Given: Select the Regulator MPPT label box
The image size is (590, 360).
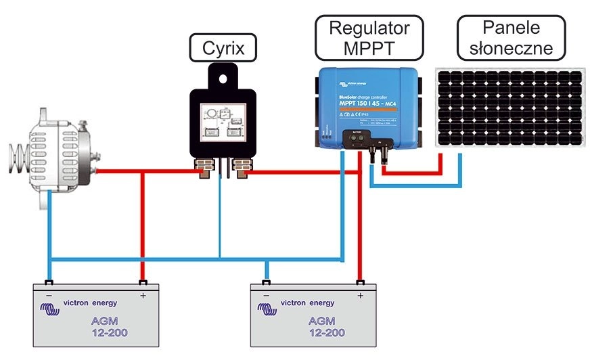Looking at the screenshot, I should click(370, 39).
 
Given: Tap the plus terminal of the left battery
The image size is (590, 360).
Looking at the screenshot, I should click(143, 283).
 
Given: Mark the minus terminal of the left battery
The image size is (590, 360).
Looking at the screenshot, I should click(49, 283).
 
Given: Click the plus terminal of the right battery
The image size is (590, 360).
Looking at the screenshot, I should click(360, 283).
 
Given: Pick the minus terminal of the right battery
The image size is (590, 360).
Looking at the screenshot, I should click(267, 283).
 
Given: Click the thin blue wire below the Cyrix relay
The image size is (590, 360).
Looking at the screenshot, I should click(221, 217).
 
